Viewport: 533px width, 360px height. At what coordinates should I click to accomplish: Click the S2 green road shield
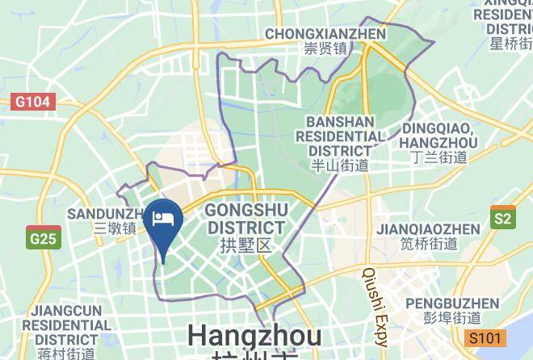pos(502,218)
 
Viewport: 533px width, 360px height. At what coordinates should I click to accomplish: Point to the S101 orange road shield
pos(485,337)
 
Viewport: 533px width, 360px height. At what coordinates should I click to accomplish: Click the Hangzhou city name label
pos(254,337)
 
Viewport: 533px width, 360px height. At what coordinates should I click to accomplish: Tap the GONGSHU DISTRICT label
pos(246,219)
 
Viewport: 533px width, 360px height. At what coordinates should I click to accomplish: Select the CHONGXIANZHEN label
pos(325,34)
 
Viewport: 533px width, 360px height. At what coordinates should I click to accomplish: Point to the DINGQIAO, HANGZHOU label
pos(439,136)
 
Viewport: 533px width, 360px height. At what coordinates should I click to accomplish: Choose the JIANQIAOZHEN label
pos(428,229)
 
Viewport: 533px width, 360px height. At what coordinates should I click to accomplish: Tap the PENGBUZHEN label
pos(452,303)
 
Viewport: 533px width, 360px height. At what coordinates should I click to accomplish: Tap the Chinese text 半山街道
pos(340,165)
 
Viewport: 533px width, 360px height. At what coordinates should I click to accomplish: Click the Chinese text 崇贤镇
pos(325,48)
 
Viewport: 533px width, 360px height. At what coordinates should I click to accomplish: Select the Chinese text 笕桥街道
pos(428,244)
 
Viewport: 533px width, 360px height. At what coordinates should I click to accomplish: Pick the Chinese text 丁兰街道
pos(439,157)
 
